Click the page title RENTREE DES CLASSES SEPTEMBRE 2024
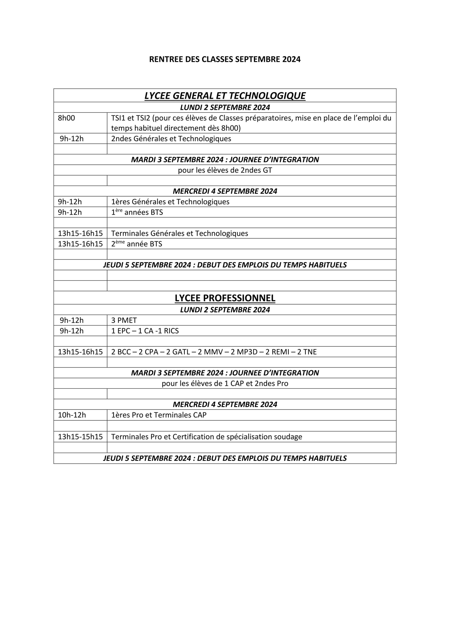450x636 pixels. tap(225, 59)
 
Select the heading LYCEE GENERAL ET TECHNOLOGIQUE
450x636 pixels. tap(225, 96)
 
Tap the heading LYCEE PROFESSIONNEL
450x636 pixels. tap(225, 298)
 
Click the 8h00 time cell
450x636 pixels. tap(67, 118)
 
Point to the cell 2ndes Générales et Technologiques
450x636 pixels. tap(171, 138)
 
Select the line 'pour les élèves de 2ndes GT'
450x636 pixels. tap(225, 170)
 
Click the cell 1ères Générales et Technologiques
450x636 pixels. tap(170, 202)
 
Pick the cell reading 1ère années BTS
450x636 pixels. tap(137, 212)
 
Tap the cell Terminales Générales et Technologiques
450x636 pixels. tap(180, 233)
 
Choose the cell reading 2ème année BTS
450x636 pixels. tap(137, 244)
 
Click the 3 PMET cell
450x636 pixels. tap(124, 320)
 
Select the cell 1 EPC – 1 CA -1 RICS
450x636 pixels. tap(145, 331)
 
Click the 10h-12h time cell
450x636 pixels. tap(72, 415)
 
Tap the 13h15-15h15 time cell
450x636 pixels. tap(80, 437)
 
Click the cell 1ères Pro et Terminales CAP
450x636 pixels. tap(159, 415)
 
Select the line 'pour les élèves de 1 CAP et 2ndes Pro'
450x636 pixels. tap(225, 383)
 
